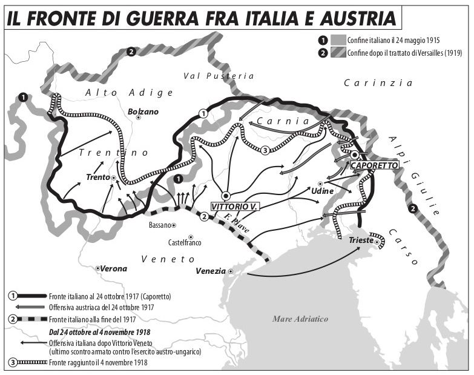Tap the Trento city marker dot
[114, 178]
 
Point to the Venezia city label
[210, 271]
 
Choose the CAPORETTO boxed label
[374, 165]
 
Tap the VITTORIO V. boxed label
[235, 206]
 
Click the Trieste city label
[361, 241]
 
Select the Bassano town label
[160, 225]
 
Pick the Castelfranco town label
[184, 244]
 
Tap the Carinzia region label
[378, 83]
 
